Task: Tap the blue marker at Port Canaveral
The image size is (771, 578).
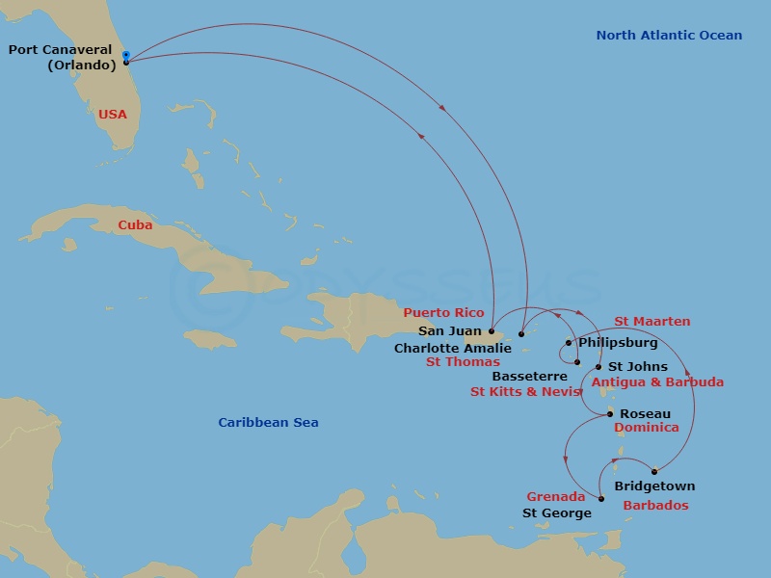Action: pyautogui.click(x=126, y=54)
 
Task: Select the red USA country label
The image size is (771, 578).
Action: pyautogui.click(x=112, y=114)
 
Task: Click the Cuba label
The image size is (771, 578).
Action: pyautogui.click(x=135, y=224)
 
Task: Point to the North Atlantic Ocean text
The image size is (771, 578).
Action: pyautogui.click(x=669, y=36)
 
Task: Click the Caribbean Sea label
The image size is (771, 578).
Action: pyautogui.click(x=268, y=422)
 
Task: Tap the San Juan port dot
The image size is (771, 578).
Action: pyautogui.click(x=492, y=331)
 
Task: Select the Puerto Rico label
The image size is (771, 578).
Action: pyautogui.click(x=443, y=312)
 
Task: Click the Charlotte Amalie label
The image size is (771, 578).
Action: pyautogui.click(x=453, y=348)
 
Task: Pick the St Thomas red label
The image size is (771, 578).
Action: pyautogui.click(x=463, y=362)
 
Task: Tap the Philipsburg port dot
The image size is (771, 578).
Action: pyautogui.click(x=569, y=343)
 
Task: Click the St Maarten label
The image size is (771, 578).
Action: pyautogui.click(x=651, y=321)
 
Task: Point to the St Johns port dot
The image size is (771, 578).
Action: pyautogui.click(x=598, y=367)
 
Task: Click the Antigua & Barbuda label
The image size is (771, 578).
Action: pyautogui.click(x=657, y=381)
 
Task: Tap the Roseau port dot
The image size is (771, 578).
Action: pyautogui.click(x=610, y=414)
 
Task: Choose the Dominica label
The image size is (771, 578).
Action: pyautogui.click(x=647, y=428)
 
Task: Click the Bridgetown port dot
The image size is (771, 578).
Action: pyautogui.click(x=654, y=471)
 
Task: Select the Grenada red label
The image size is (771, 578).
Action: pyautogui.click(x=555, y=497)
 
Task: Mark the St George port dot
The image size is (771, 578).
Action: pyautogui.click(x=601, y=499)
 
